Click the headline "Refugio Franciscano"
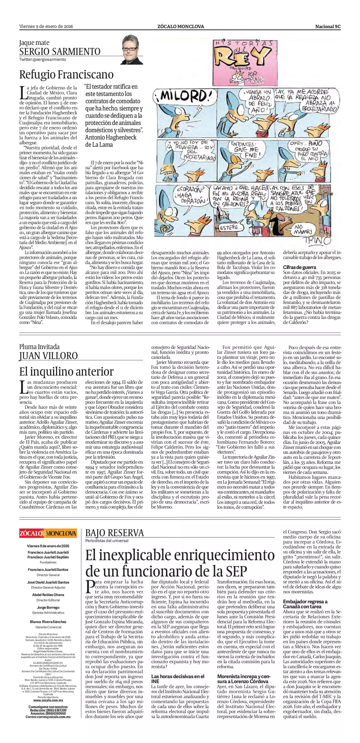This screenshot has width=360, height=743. click(66, 75)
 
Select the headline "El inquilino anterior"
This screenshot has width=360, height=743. click(66, 371)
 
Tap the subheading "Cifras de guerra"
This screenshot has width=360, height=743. click(299, 267)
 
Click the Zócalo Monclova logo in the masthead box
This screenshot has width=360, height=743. click(48, 533)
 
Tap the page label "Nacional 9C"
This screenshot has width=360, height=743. click(328, 27)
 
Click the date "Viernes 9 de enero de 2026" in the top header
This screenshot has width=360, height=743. click(46, 27)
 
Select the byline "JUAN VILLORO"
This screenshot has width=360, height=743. click(49, 356)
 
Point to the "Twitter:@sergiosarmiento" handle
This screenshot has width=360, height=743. click(43, 59)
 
